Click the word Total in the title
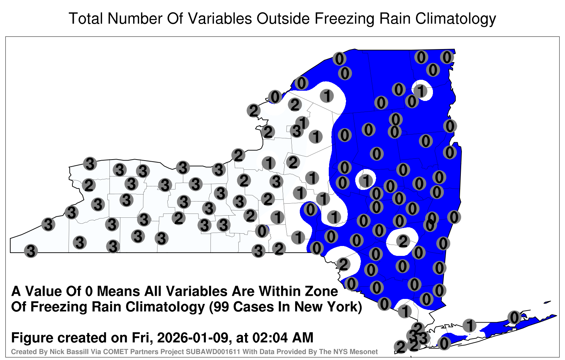(x=86, y=18)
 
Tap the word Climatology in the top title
(x=456, y=19)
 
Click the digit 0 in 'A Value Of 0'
(x=90, y=292)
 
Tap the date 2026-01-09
(x=193, y=337)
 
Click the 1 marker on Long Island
(x=469, y=325)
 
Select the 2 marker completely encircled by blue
(x=403, y=241)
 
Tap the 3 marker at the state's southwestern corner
(x=31, y=251)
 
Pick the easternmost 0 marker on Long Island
(x=514, y=317)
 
